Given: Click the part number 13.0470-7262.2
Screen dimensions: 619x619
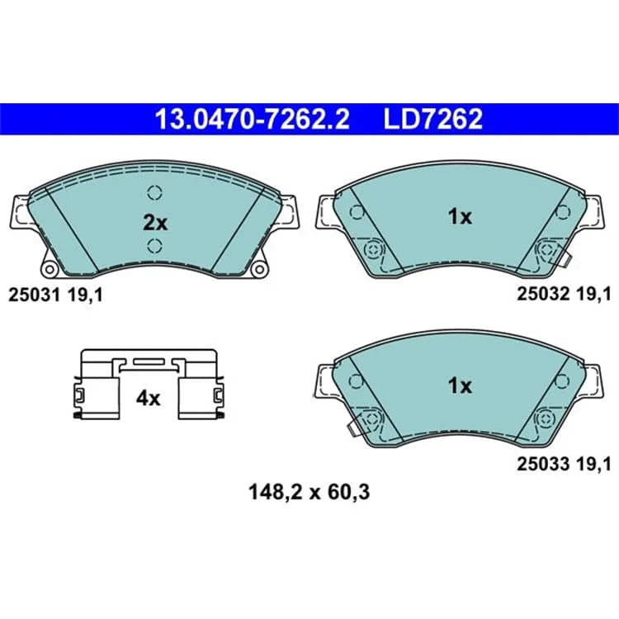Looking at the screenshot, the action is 253,119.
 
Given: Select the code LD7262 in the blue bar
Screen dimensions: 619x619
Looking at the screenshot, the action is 433,119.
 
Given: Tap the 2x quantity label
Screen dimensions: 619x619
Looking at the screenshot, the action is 155,223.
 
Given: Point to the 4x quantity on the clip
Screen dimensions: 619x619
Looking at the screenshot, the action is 148,399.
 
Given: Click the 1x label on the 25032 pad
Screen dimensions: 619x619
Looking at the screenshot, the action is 460,217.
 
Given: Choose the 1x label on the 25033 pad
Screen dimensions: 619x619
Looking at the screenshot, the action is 460,385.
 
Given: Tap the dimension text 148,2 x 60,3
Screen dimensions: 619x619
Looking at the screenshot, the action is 309,492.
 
